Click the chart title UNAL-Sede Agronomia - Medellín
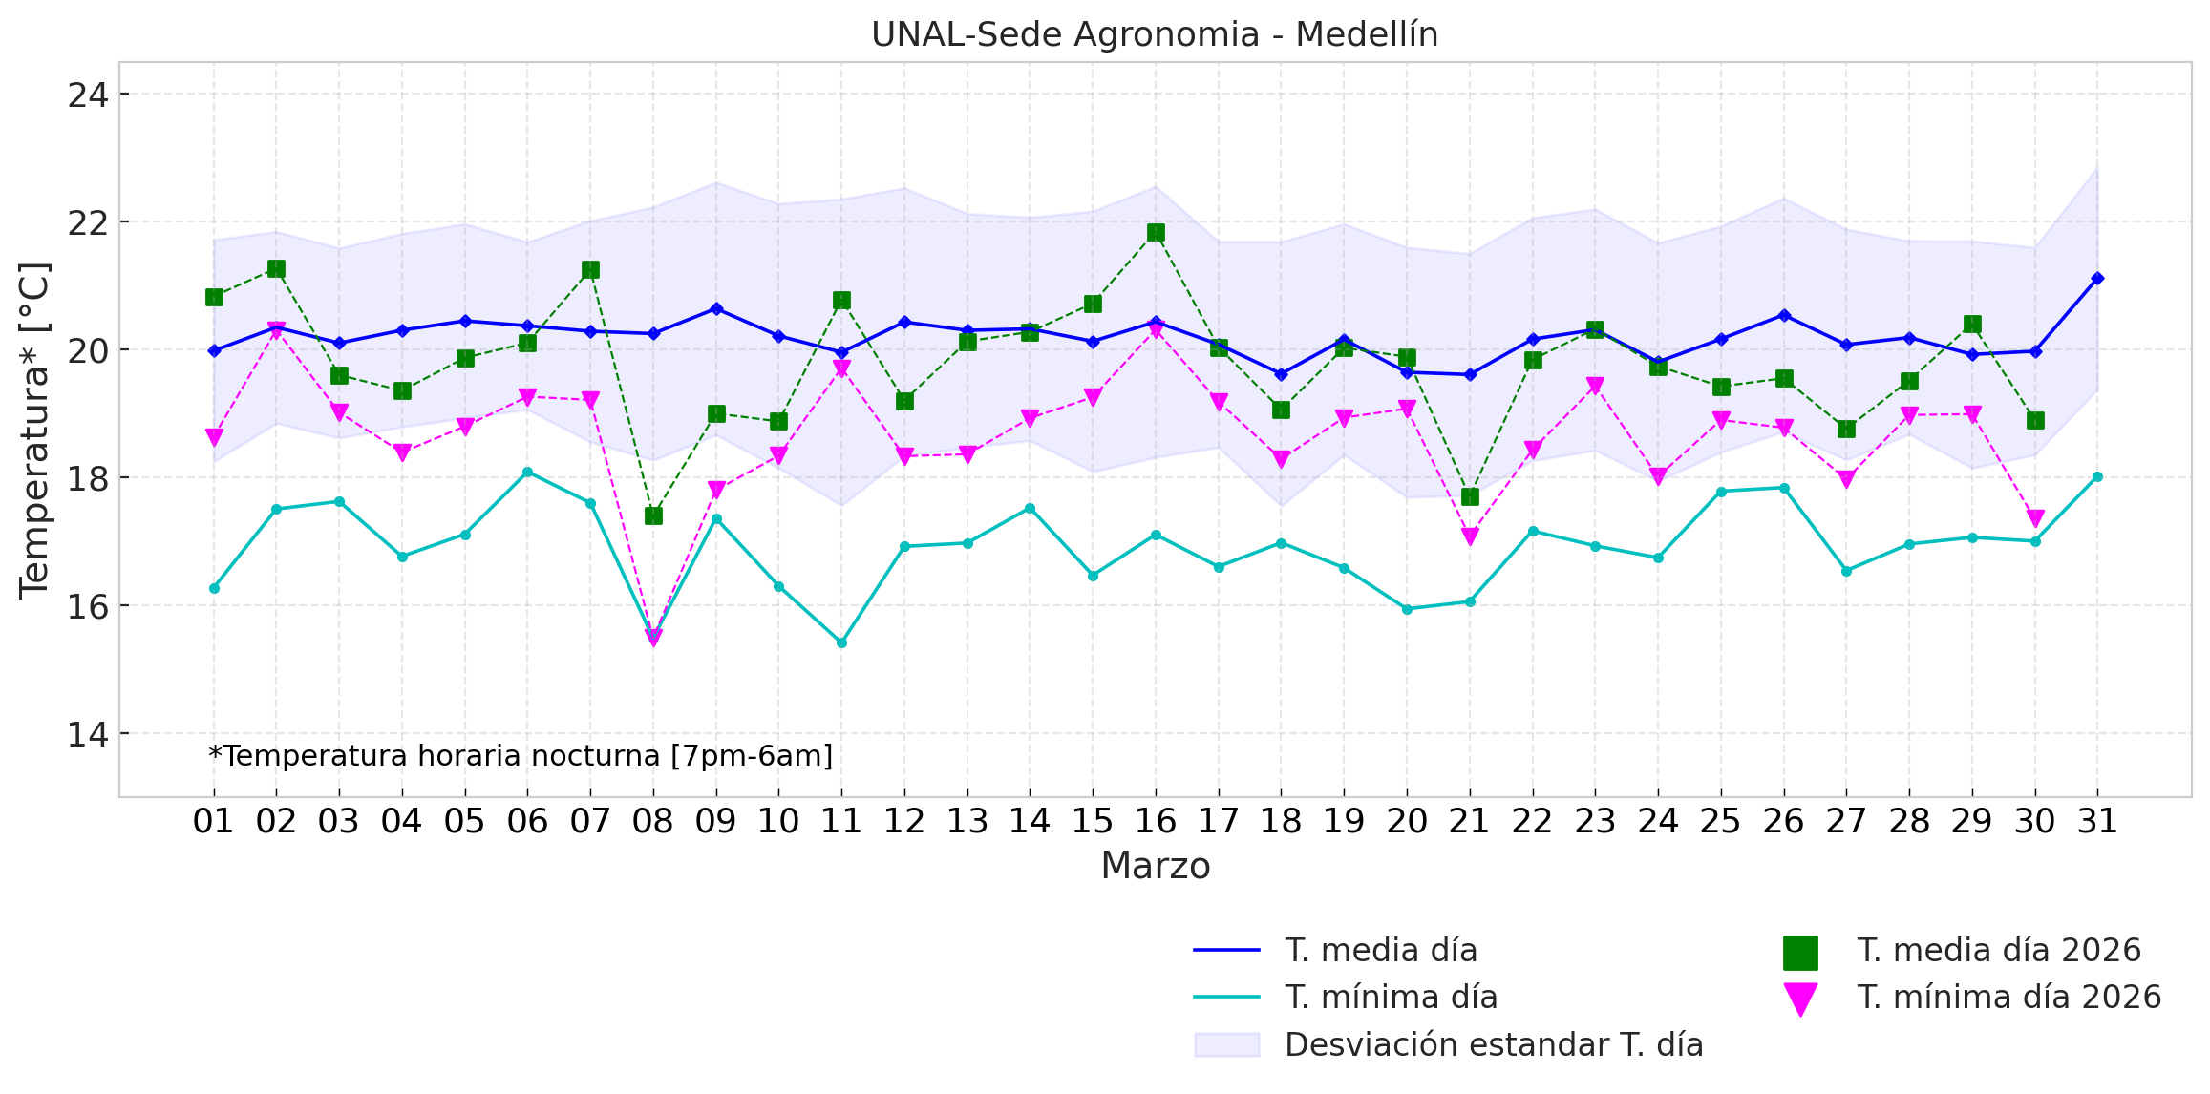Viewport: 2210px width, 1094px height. (x=1154, y=34)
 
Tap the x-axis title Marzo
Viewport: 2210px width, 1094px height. (x=1155, y=866)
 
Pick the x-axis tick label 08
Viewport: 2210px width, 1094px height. (x=653, y=821)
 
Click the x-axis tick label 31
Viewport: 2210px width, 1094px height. (x=2097, y=821)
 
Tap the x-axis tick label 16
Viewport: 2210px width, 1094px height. (x=1156, y=821)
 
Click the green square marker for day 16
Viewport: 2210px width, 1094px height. (x=1156, y=233)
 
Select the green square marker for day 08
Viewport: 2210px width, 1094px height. (x=653, y=515)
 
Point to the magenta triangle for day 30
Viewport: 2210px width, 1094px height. (x=2035, y=518)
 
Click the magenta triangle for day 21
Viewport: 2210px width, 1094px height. (x=1470, y=536)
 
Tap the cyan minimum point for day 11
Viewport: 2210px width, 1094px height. (x=841, y=642)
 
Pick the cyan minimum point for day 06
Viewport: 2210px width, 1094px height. (x=527, y=472)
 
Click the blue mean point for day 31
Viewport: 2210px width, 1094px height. (x=2097, y=278)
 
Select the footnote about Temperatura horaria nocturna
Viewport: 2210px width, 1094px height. (x=521, y=756)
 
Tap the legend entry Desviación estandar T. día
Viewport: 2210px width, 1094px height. (x=1494, y=1045)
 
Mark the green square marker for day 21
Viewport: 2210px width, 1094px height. (x=1470, y=496)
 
